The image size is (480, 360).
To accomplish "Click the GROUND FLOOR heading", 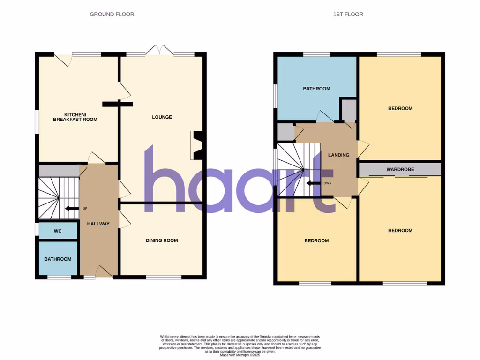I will pyautogui.click(x=112, y=15).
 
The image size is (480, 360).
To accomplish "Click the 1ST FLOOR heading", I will pyautogui.click(x=348, y=15).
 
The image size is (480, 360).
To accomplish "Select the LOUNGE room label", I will pyautogui.click(x=162, y=117).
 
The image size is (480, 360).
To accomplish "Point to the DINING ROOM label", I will pyautogui.click(x=162, y=240).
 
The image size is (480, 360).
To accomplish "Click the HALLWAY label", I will pyautogui.click(x=98, y=224).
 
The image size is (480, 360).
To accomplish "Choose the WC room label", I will pyautogui.click(x=58, y=231).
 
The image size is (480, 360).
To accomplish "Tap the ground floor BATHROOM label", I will pyautogui.click(x=58, y=259).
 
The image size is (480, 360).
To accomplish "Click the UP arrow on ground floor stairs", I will pyautogui.click(x=72, y=209).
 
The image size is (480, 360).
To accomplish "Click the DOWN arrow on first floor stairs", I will pyautogui.click(x=314, y=183).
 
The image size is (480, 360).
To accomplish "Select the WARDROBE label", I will pyautogui.click(x=400, y=169).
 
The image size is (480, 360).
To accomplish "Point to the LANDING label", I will pyautogui.click(x=338, y=155).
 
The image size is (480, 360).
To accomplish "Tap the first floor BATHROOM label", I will pyautogui.click(x=316, y=89).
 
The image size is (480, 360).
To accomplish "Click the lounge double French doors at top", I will pyautogui.click(x=160, y=51).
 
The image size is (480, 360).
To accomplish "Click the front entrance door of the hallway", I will pyautogui.click(x=104, y=272).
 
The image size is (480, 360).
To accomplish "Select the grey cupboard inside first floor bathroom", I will pyautogui.click(x=348, y=110).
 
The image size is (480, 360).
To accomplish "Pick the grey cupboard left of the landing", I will pyautogui.click(x=285, y=132).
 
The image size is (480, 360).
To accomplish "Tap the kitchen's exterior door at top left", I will pyautogui.click(x=63, y=59).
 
